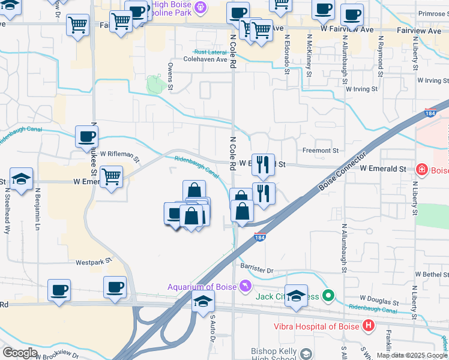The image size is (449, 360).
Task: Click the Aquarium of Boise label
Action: click(202, 287)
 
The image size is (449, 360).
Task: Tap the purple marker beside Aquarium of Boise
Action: click(245, 286)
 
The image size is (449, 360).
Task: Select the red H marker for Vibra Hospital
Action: click(369, 326)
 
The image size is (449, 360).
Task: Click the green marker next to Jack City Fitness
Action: click(328, 296)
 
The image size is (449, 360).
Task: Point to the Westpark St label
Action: click(94, 262)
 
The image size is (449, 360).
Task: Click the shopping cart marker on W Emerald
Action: click(111, 177)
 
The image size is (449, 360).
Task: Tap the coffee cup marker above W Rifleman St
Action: click(86, 136)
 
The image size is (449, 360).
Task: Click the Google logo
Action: click(20, 352)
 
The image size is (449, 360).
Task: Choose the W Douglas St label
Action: click(379, 298)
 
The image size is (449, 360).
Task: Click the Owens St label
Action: click(170, 77)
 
